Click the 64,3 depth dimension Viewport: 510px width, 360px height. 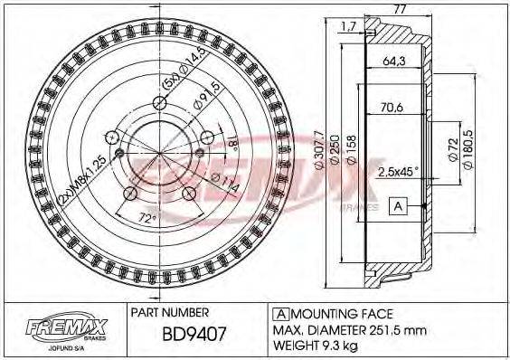click(x=394, y=62)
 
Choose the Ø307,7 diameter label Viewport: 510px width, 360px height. click(x=315, y=148)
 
